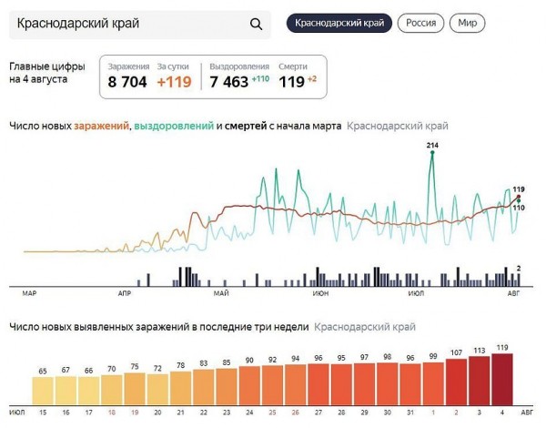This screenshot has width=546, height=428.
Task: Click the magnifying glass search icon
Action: [x=256, y=25]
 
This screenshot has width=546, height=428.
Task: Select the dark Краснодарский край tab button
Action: [x=339, y=23]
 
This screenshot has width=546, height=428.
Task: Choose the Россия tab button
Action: [x=420, y=23]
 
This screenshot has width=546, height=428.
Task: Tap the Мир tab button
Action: [x=467, y=23]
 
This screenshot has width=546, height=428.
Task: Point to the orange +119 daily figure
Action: [x=175, y=82]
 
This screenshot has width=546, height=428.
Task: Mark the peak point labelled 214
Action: [x=431, y=153]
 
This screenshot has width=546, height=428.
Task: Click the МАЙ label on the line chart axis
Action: [x=220, y=294]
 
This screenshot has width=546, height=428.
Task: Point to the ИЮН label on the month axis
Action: [x=320, y=294]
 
